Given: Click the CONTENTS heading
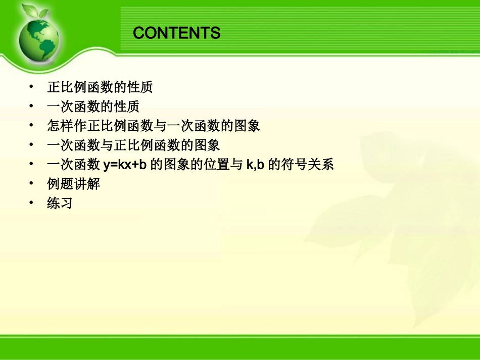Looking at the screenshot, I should coord(177,33).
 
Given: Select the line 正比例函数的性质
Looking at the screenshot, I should coord(100,87).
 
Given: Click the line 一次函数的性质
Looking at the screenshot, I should coord(93,107).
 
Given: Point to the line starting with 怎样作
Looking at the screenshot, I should coord(154,126).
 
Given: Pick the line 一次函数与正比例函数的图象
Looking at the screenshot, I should coord(133,145).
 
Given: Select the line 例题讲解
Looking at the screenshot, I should coord(74,184).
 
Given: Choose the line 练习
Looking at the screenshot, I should coord(60,203).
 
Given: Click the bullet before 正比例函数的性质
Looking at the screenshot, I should coord(32,87).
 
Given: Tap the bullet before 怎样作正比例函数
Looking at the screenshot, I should coord(32,125).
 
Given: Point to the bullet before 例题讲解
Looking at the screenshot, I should coord(32,183).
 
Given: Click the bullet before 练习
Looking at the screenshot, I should coord(32,202).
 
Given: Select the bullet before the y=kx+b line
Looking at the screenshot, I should coord(32,164).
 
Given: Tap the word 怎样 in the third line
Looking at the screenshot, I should coord(60,126).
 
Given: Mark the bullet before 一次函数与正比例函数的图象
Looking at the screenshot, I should coord(32,145).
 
